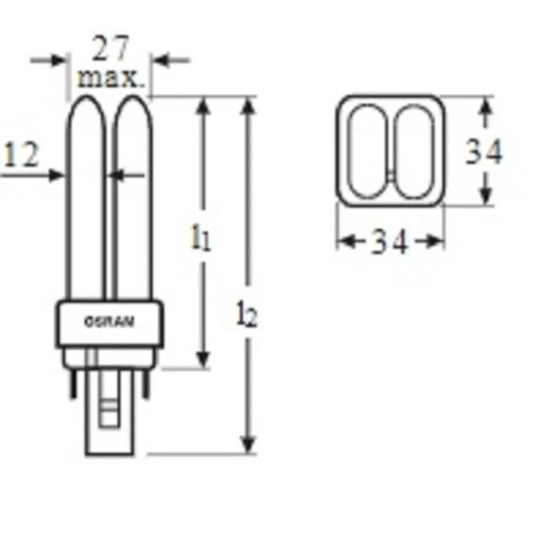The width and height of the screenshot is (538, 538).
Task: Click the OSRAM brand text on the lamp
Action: (x=109, y=321)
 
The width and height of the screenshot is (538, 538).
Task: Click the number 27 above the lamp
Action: (x=112, y=51)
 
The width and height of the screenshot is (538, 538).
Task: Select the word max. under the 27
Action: (x=112, y=79)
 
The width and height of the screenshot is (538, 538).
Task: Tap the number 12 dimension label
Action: (x=22, y=156)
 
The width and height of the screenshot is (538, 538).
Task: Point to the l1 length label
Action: (x=200, y=238)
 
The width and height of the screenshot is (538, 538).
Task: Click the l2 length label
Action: (x=247, y=314)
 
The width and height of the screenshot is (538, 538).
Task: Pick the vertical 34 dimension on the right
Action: (x=484, y=153)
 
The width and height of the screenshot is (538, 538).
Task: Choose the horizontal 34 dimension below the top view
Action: (x=390, y=242)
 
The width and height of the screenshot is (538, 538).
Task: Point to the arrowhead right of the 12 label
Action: (x=56, y=176)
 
